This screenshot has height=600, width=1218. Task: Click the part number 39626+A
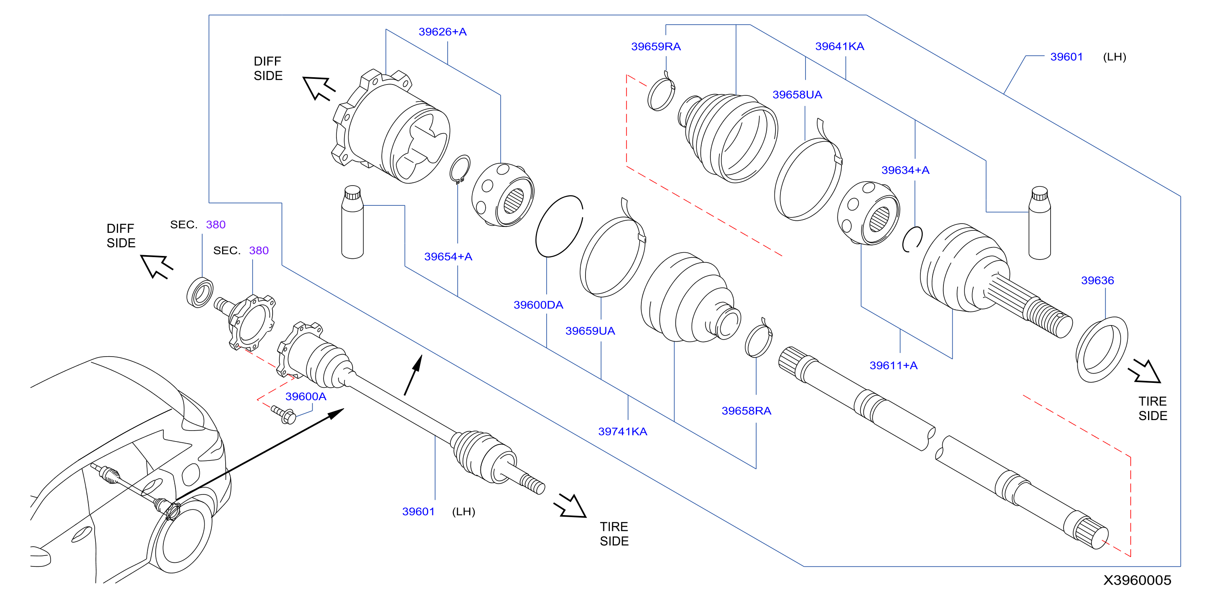point(442,32)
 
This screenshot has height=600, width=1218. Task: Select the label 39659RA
point(656,46)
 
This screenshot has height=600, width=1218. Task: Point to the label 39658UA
point(797,95)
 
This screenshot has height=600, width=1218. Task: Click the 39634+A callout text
point(905,170)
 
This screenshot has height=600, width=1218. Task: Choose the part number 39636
point(1097,280)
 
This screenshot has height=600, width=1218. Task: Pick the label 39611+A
point(893,365)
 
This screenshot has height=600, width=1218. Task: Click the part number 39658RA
point(746,411)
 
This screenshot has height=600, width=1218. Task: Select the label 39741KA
point(622,432)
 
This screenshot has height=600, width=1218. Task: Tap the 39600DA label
point(538,305)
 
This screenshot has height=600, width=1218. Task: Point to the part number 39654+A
point(448,257)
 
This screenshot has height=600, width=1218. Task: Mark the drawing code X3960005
point(1137,581)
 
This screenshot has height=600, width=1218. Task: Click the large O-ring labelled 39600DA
point(559,226)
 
